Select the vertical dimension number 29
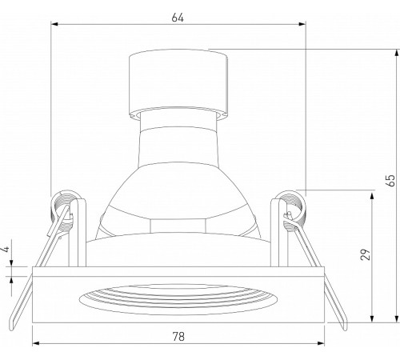click(363, 255)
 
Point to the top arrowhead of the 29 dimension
click(373, 194)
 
